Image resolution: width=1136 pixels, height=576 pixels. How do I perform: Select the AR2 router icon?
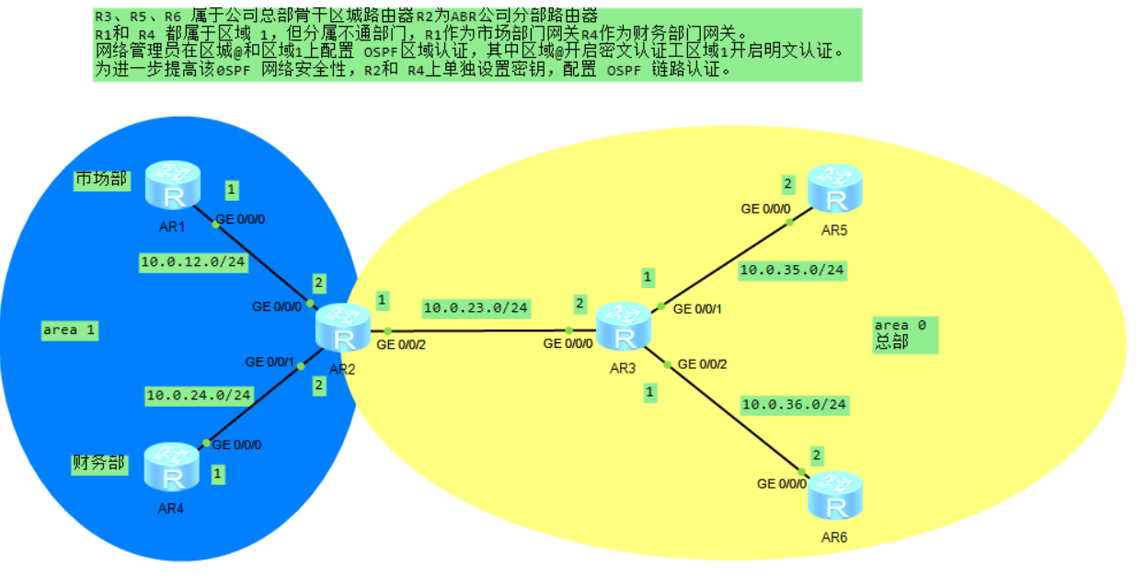[x=343, y=329]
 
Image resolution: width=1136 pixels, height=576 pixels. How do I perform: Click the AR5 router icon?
[x=834, y=190]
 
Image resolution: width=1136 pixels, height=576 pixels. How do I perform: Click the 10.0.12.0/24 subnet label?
[x=193, y=262]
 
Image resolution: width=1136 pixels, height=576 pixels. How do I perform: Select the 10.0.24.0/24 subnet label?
[x=199, y=396]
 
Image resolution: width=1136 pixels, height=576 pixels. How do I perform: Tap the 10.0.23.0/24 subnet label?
[x=476, y=307]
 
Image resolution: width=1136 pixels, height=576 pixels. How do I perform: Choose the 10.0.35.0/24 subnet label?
[x=792, y=270]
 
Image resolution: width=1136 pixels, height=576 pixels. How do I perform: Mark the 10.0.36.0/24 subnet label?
[x=794, y=404]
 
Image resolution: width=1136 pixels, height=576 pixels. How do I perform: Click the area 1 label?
[x=69, y=329]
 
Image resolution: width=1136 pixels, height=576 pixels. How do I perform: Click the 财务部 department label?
[x=98, y=462]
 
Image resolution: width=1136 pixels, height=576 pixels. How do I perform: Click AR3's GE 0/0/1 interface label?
[x=699, y=309]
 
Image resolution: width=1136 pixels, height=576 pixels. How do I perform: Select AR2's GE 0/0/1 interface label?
[x=270, y=362]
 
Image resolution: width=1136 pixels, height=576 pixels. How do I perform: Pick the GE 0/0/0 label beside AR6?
[x=782, y=483]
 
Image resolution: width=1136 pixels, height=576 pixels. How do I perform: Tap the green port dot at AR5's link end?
[x=789, y=222]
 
